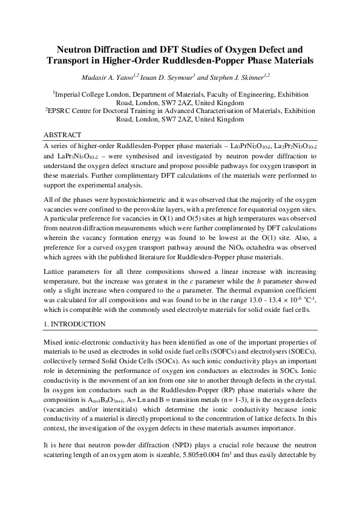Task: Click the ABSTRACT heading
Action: coord(64,134)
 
